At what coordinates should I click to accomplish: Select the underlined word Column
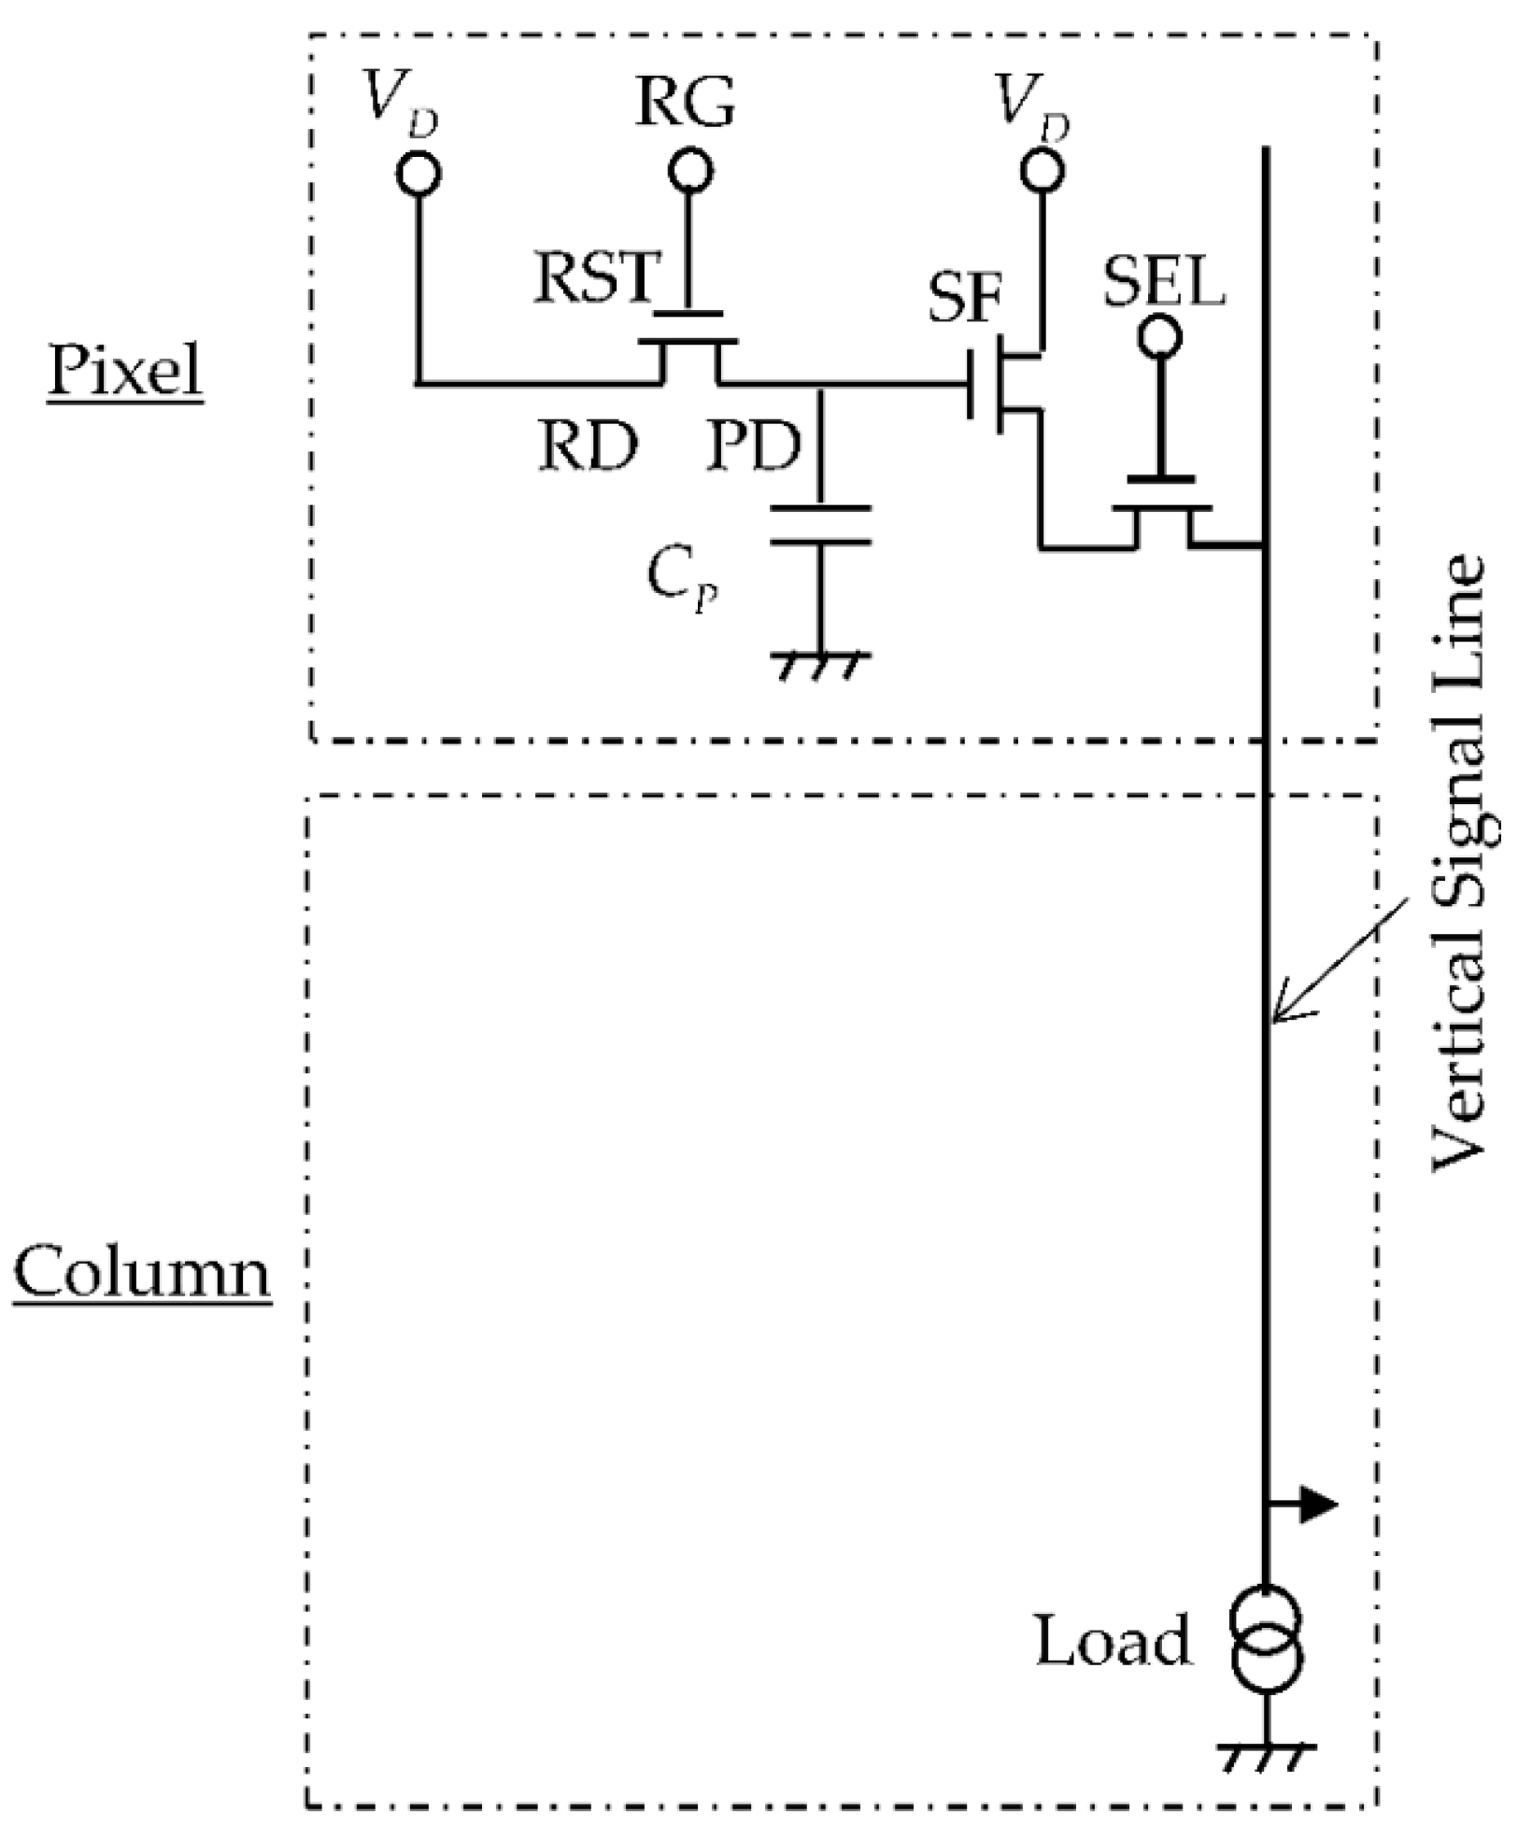coord(142,1272)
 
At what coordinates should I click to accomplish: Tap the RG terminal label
coord(685,104)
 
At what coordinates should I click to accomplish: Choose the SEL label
coord(1163,283)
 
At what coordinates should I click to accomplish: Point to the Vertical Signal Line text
coord(1458,859)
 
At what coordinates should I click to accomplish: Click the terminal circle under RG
coord(690,171)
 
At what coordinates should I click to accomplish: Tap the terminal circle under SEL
coord(1159,337)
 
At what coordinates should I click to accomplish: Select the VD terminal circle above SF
coord(1042,170)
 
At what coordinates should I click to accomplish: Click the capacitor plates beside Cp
coord(820,525)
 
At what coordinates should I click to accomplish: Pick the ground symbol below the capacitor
coord(820,664)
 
